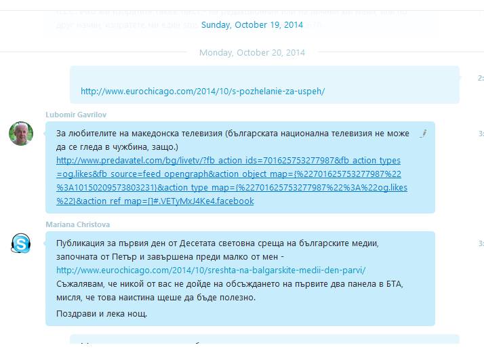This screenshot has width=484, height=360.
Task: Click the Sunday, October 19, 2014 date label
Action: pyautogui.click(x=252, y=25)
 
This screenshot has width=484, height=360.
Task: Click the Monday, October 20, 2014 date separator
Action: pyautogui.click(x=252, y=53)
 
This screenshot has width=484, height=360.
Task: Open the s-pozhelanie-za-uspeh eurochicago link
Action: pyautogui.click(x=203, y=91)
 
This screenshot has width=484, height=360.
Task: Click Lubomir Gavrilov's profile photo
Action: pyautogui.click(x=21, y=134)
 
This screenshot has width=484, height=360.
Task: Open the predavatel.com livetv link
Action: pyautogui.click(x=228, y=161)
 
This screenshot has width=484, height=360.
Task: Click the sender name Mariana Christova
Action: pyautogui.click(x=77, y=224)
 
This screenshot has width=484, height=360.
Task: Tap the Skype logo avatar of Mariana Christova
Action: pyautogui.click(x=21, y=243)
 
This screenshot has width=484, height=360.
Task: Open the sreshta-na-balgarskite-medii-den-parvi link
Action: pyautogui.click(x=211, y=270)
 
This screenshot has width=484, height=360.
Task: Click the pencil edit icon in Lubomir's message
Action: pyautogui.click(x=422, y=134)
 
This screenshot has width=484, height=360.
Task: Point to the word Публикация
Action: pyautogui.click(x=81, y=243)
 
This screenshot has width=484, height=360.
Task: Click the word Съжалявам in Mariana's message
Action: pyautogui.click(x=83, y=283)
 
